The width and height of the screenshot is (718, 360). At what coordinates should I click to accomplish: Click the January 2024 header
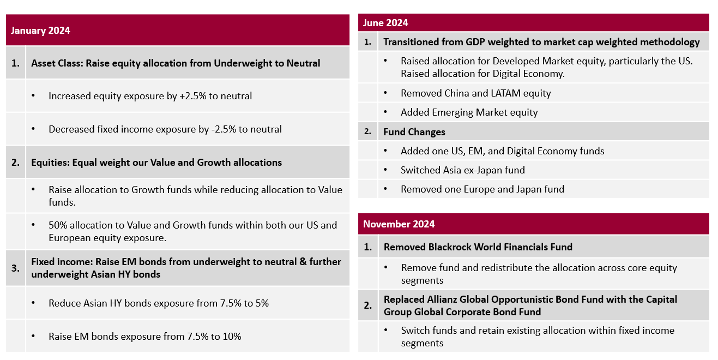click(x=40, y=31)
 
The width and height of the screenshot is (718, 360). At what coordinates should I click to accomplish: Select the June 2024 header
click(x=385, y=23)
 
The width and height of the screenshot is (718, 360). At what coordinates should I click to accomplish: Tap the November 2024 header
click(x=399, y=224)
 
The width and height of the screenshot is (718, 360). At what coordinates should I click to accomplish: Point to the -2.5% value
click(x=221, y=129)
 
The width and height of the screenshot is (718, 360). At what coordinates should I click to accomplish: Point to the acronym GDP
click(x=476, y=42)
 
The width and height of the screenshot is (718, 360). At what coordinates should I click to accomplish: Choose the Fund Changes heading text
click(x=414, y=132)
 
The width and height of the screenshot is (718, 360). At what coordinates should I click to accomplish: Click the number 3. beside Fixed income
click(x=15, y=268)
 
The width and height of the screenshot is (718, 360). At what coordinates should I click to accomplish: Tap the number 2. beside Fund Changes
click(x=367, y=132)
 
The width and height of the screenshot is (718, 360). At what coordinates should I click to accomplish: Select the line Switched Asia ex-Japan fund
click(x=463, y=170)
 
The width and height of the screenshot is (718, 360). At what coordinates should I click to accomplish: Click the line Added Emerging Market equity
click(x=469, y=112)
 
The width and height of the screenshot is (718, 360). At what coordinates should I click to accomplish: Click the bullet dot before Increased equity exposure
click(x=34, y=96)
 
